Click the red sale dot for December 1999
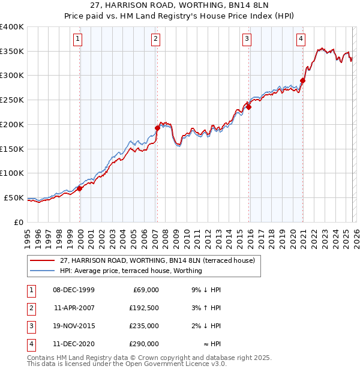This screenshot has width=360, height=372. pos(80,188)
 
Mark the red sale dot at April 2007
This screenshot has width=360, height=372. pos(157,128)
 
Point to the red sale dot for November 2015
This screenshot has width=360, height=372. pos(248,107)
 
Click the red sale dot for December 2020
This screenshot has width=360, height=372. pos(302,80)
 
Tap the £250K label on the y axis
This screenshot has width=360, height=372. pos(11,100)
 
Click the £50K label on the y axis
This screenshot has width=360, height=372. pos(14,197)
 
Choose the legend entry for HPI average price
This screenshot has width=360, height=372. pos(131,271)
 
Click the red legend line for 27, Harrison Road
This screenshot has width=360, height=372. pos(42,260)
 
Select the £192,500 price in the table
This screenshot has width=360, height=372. pos(144,308)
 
